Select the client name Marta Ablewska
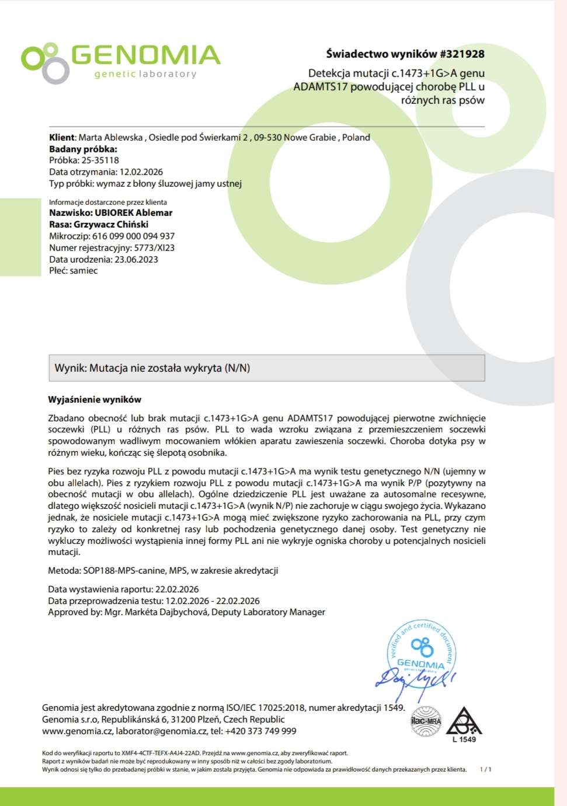(x=111, y=138)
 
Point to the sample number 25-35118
(x=100, y=160)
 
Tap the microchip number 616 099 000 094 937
(x=133, y=236)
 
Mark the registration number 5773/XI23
(x=154, y=248)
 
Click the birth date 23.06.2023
(x=136, y=260)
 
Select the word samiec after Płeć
(x=84, y=271)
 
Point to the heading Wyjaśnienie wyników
(x=95, y=400)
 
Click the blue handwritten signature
(x=415, y=680)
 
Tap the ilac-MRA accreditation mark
(x=426, y=721)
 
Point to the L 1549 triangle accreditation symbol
(x=464, y=724)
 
